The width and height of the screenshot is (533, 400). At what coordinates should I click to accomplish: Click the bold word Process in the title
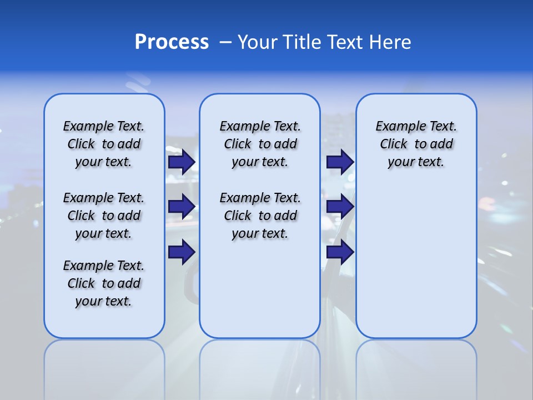tap(172, 42)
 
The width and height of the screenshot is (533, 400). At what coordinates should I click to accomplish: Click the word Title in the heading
tap(304, 42)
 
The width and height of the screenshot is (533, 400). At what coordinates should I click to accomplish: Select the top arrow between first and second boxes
tap(181, 162)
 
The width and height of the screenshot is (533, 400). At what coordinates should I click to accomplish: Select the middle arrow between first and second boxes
tap(181, 207)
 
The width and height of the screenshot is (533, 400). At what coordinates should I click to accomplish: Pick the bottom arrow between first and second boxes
tap(181, 252)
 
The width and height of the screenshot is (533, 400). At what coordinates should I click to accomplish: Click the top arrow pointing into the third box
tap(340, 162)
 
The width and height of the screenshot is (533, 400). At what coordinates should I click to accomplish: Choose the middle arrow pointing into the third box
tap(340, 207)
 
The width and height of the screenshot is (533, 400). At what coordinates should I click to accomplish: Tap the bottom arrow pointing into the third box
tap(340, 252)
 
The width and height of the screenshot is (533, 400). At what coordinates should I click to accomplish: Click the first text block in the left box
tap(104, 144)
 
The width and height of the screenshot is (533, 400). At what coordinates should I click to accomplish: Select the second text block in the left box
tap(104, 216)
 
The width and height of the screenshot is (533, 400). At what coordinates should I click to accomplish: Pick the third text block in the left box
tap(104, 283)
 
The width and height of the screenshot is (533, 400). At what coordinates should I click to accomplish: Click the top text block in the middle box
tap(260, 144)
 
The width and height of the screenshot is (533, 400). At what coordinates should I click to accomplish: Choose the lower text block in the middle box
tap(260, 216)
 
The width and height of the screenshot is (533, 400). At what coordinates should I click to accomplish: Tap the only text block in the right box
tap(416, 144)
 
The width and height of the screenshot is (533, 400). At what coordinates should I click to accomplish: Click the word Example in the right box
tap(397, 127)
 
